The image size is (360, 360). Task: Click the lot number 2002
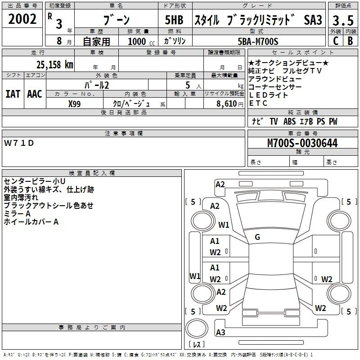tap(22, 19)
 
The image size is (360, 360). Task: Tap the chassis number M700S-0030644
tap(302, 143)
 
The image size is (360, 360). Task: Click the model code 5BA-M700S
tap(258, 41)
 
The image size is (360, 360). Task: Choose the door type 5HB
tap(173, 20)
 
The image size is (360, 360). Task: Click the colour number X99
tap(75, 103)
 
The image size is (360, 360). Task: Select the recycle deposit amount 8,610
tap(229, 103)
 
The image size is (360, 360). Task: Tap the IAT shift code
tap(13, 94)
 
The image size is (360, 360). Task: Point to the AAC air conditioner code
tap(35, 94)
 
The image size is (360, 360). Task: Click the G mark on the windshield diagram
tap(257, 237)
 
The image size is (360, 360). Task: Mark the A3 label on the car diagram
tap(220, 333)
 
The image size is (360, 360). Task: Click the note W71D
tap(19, 143)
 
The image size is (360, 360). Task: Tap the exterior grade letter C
tap(336, 41)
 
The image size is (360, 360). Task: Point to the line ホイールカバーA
tap(31, 222)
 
